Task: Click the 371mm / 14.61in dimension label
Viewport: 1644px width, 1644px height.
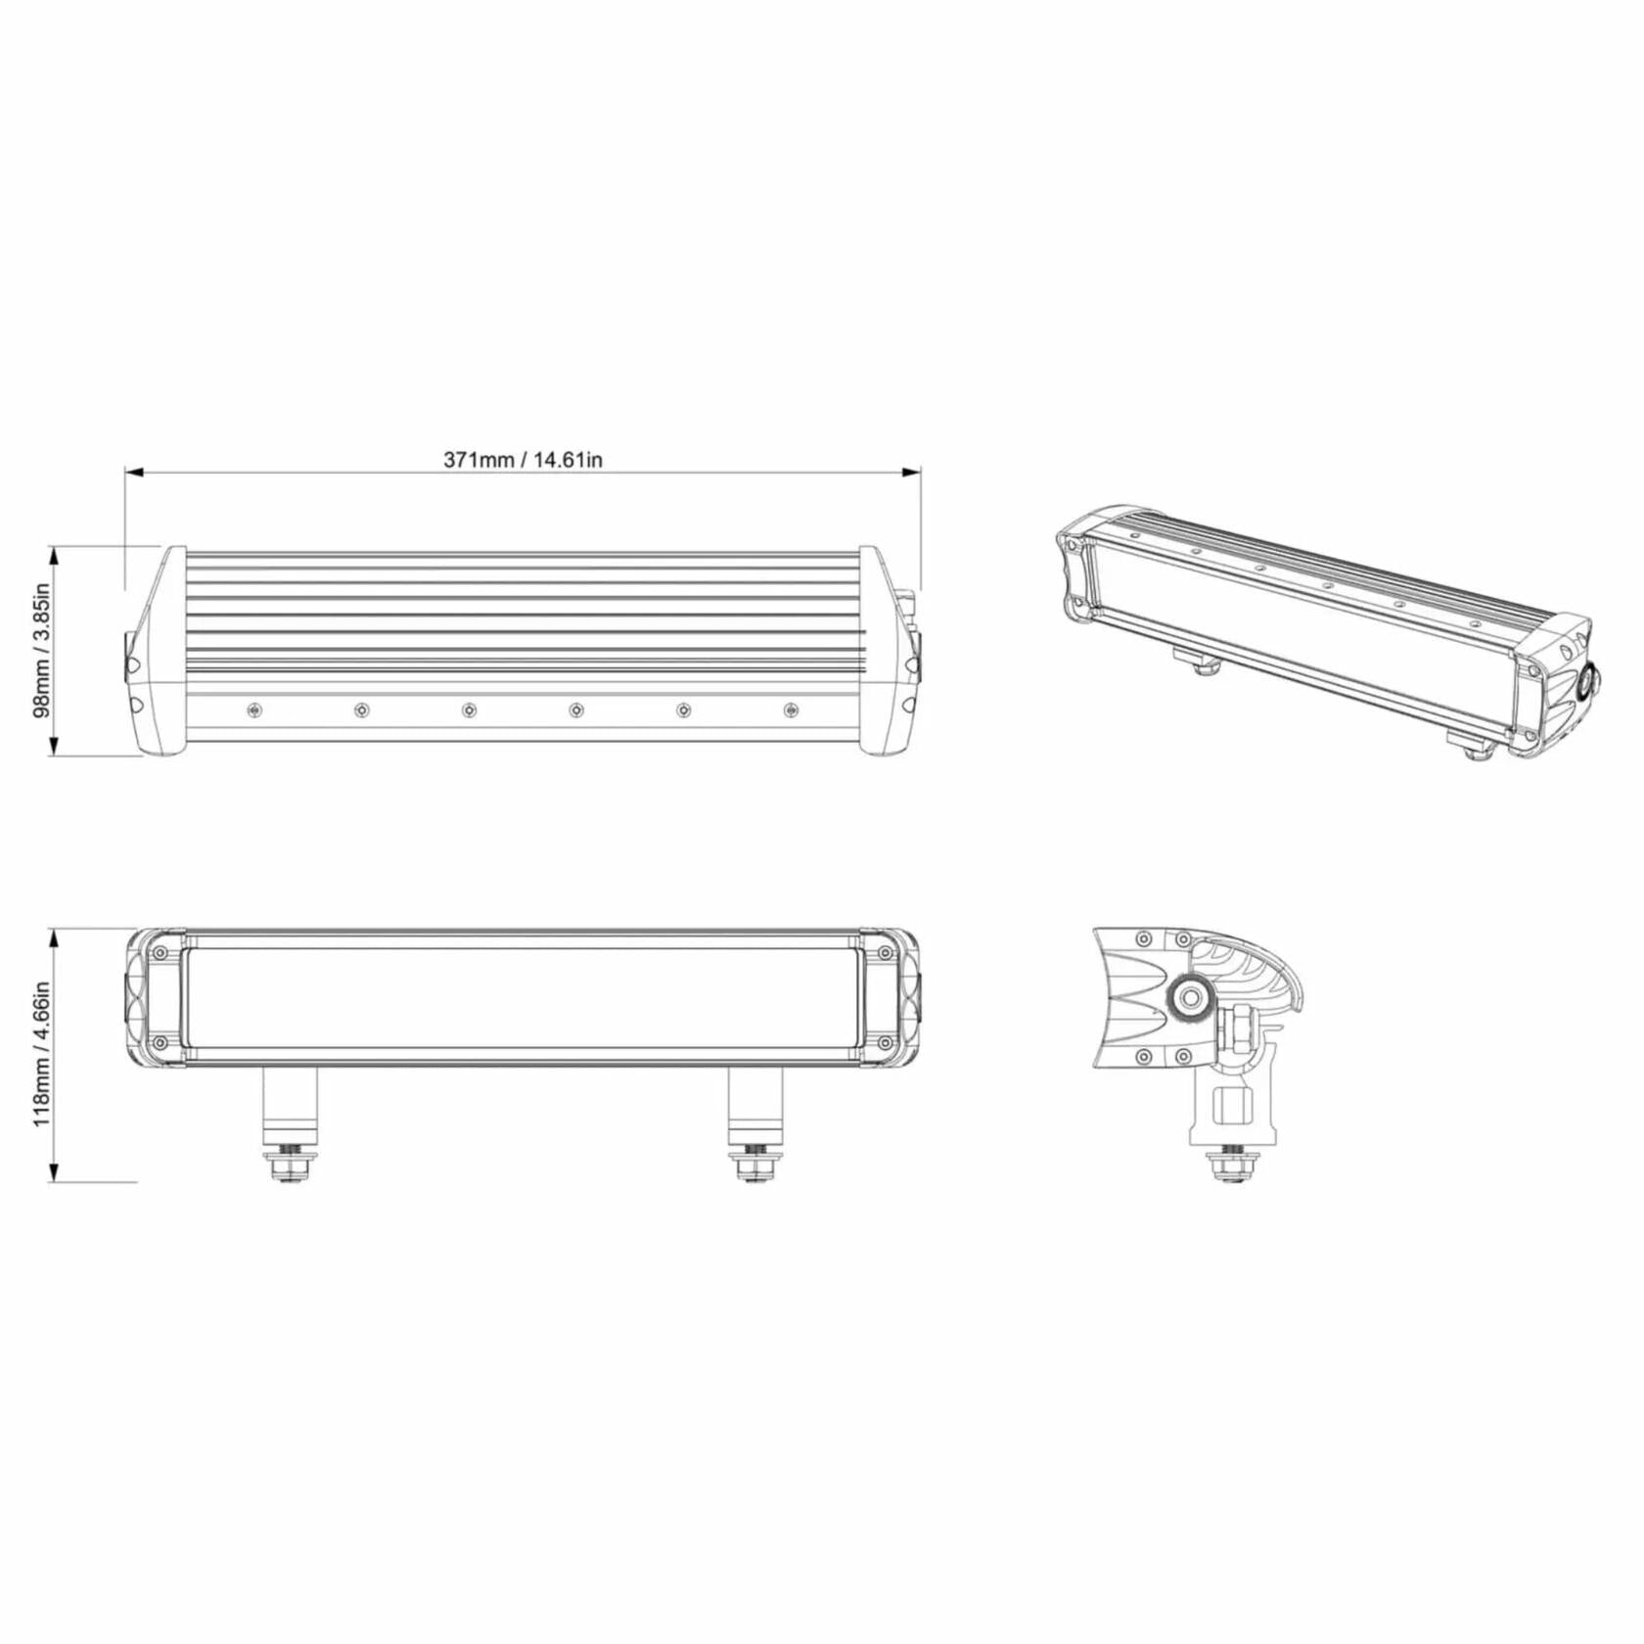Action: [x=523, y=459]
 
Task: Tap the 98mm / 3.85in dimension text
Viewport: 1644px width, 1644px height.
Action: [x=42, y=651]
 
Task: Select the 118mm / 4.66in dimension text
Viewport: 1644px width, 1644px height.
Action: [x=42, y=1055]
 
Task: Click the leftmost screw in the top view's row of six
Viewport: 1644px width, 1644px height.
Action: [x=254, y=708]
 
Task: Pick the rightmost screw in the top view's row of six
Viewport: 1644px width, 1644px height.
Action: [x=791, y=708]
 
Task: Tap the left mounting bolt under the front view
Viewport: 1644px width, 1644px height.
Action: [x=290, y=1164]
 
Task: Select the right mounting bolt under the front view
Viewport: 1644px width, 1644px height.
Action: [x=754, y=1164]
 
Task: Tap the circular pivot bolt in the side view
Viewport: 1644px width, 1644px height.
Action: [x=1191, y=998]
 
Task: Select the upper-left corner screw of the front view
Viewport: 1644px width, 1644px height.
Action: [x=160, y=952]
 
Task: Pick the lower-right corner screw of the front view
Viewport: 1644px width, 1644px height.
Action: [x=885, y=1044]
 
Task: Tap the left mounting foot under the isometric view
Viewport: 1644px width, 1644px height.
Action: [x=1196, y=662]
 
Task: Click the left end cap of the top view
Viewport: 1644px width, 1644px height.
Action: [x=157, y=651]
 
